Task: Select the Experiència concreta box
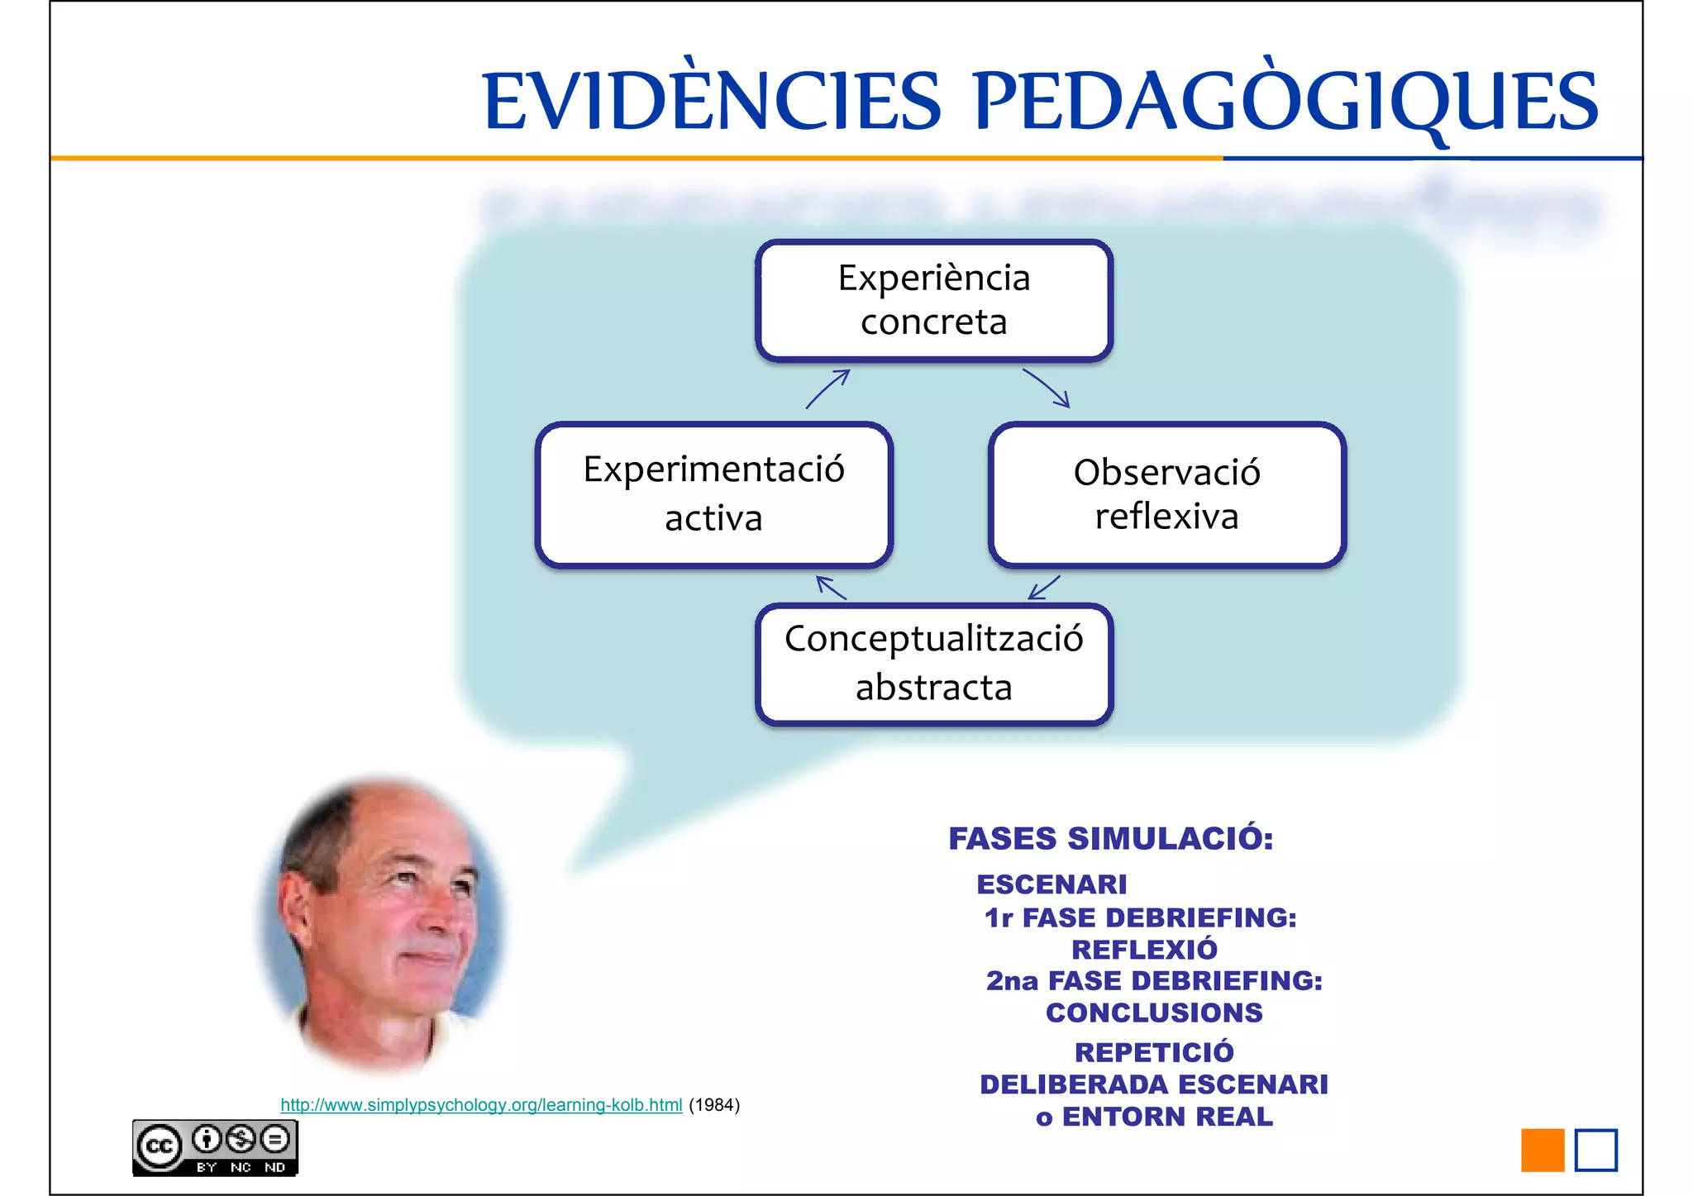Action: coord(934,300)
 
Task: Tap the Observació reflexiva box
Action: coord(1166,494)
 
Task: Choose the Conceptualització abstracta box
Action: coord(934,664)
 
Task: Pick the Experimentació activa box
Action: coord(713,494)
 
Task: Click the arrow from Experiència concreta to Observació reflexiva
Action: coord(1047,388)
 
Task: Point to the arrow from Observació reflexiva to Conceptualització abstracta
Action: coord(1043,588)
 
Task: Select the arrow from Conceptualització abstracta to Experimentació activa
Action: coord(831,588)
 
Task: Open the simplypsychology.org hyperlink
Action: coord(481,1105)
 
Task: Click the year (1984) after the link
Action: coord(714,1105)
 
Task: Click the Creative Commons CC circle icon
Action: coord(159,1146)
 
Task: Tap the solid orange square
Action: coord(1543,1150)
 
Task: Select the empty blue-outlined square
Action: coord(1595,1150)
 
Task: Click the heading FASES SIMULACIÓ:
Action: coord(1110,838)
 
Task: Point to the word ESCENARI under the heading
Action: coord(1052,884)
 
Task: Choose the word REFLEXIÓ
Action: coord(1144,949)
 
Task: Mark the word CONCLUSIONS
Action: coord(1154,1013)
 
